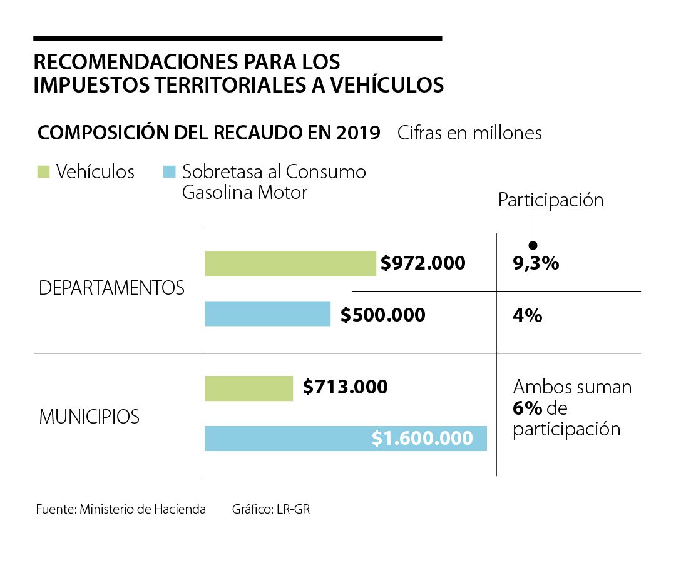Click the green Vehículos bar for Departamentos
(x=290, y=263)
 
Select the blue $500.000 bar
(x=267, y=313)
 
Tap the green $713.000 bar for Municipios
(x=248, y=388)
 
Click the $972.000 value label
(x=423, y=263)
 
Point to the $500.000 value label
(x=383, y=315)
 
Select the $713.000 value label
(x=346, y=387)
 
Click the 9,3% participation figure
(x=535, y=263)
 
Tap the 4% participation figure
(x=527, y=315)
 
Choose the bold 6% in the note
(x=527, y=408)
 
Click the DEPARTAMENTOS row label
(x=111, y=288)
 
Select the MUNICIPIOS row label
(x=89, y=417)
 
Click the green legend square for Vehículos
(x=43, y=171)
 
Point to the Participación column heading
(x=550, y=200)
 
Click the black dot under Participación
(x=533, y=245)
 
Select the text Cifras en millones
(x=469, y=133)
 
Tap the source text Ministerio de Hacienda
(x=143, y=509)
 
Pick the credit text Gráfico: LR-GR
(x=270, y=509)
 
